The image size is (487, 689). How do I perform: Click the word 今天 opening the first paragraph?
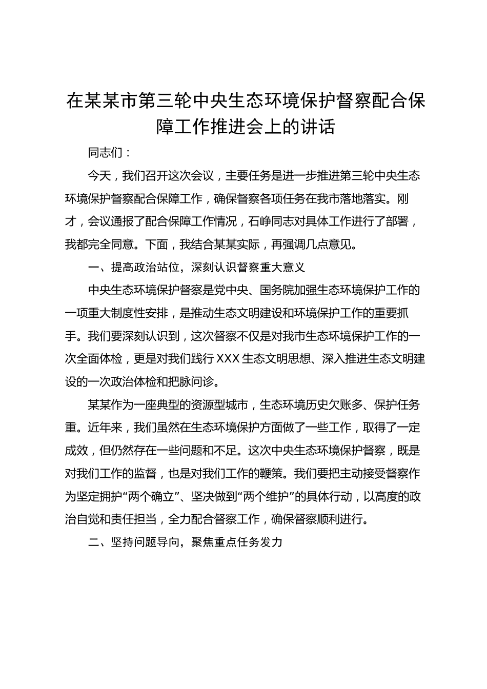99,176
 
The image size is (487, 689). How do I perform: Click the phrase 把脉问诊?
191,382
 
